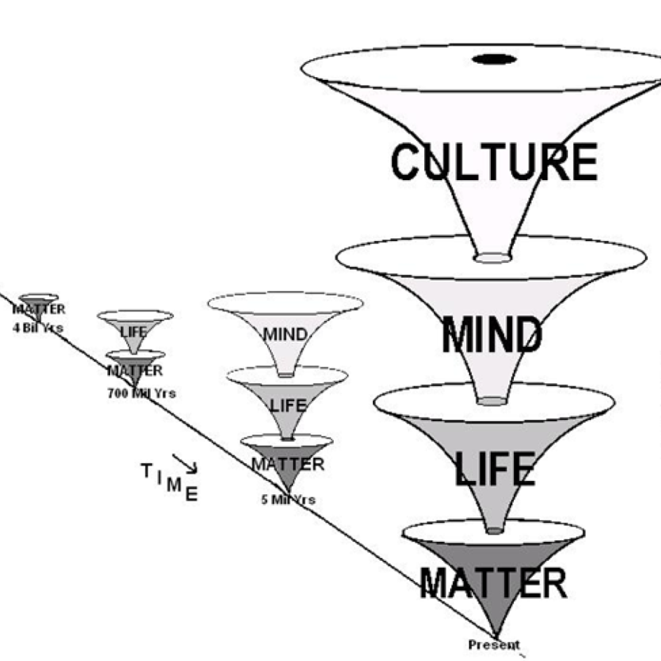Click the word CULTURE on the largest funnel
click(494, 161)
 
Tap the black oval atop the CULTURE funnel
click(494, 59)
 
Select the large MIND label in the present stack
click(492, 334)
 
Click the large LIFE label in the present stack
click(494, 469)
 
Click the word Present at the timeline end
click(494, 644)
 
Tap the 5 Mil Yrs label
click(288, 500)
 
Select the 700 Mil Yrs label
click(142, 393)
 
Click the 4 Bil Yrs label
click(38, 328)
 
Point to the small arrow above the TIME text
click(185, 463)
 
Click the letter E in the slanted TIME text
click(191, 494)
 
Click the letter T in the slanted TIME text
click(146, 471)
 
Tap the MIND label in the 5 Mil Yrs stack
click(285, 334)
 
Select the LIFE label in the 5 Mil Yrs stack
click(288, 406)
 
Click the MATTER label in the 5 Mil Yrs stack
click(288, 464)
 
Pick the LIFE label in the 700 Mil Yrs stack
click(134, 332)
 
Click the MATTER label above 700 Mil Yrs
click(135, 371)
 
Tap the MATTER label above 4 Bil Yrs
click(39, 310)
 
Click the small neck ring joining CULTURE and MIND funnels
click(493, 257)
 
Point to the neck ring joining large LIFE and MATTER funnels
click(495, 530)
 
